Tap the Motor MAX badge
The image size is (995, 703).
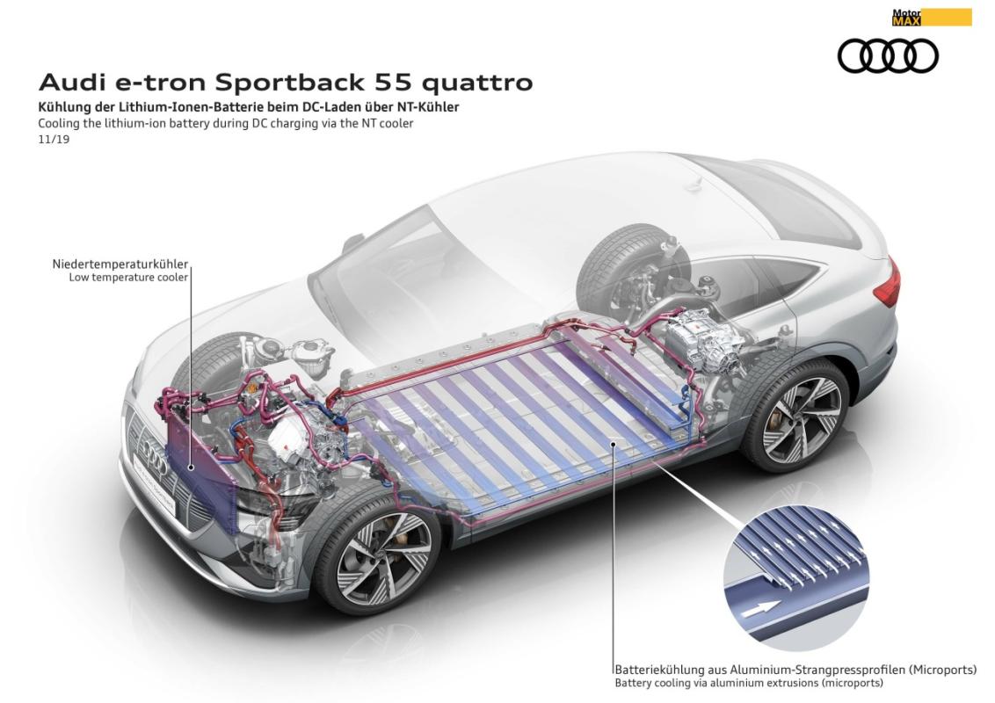[x=931, y=17]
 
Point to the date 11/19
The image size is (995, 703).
[x=54, y=139]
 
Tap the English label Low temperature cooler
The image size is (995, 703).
[x=128, y=278]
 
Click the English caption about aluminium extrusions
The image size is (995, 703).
[x=748, y=683]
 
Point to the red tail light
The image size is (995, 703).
[x=891, y=282]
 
